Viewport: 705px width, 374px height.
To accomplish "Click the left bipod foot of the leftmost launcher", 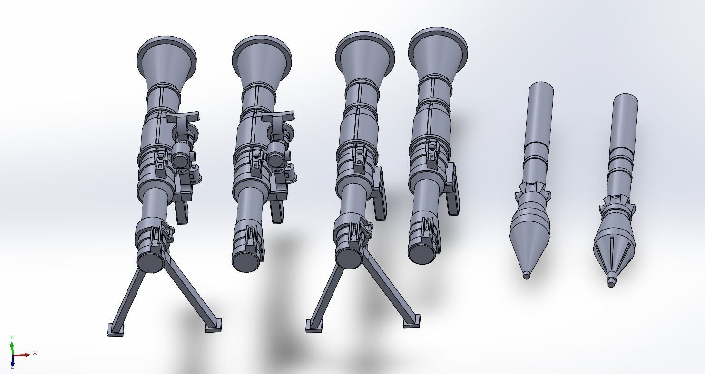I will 116,329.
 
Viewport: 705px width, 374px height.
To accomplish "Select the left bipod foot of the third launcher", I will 314,326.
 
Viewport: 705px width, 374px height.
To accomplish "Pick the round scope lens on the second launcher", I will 276,159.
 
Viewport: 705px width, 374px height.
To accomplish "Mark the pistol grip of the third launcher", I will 380,202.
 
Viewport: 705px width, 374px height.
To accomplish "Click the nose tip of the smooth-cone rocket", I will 526,275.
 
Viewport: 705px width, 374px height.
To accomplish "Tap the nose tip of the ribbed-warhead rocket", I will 611,282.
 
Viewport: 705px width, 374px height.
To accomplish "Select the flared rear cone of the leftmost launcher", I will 166,59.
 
